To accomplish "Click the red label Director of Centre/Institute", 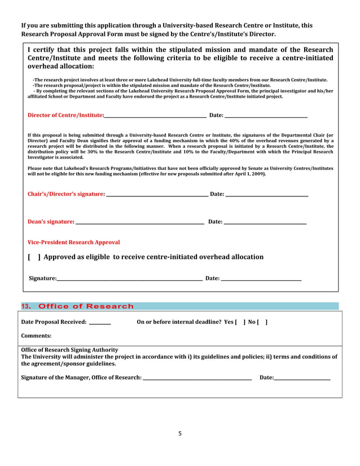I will point(65,116).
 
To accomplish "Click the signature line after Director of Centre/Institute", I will point(155,116).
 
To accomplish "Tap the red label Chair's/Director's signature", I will point(66,194).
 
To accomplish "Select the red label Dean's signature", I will point(51,222).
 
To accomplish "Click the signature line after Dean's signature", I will point(139,223).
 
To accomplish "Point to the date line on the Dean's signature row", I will point(265,223).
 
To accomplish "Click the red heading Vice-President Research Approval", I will point(73,242).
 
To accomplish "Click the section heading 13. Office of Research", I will point(77,306).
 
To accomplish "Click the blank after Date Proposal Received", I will point(100,323).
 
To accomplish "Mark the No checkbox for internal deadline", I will point(262,322).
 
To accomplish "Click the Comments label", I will point(36,336).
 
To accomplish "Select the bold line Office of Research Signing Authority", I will point(69,350).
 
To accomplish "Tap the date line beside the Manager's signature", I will point(302,379).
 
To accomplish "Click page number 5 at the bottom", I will point(180,434).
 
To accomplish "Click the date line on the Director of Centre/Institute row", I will point(266,117).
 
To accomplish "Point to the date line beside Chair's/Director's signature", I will point(266,195).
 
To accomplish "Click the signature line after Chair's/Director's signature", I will point(157,195).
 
